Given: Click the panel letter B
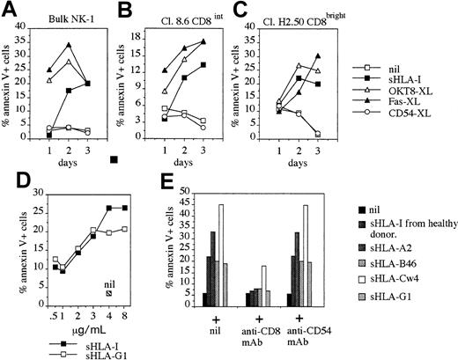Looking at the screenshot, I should pyautogui.click(x=126, y=9).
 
